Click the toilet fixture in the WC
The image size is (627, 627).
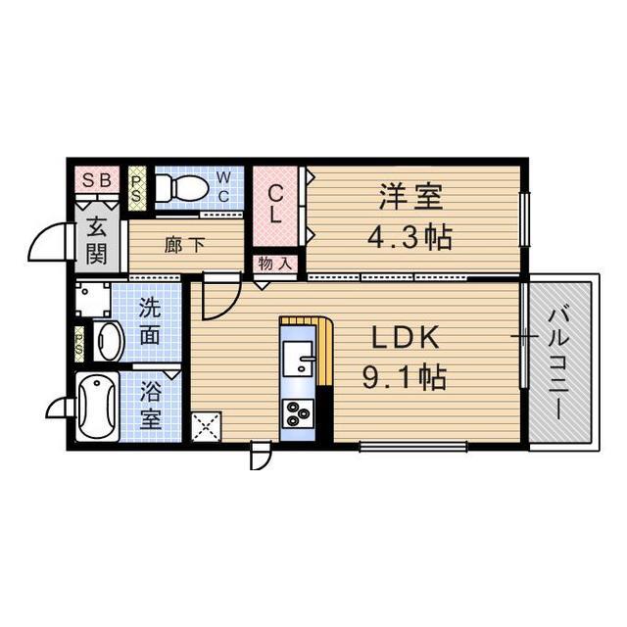tap(181, 187)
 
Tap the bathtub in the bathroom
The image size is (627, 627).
tap(98, 406)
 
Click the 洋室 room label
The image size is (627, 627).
tap(411, 197)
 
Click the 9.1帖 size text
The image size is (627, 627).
tap(405, 377)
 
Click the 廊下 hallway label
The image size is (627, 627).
tap(184, 245)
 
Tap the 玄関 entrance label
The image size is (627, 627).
tap(97, 240)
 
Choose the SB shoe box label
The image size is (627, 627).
tap(97, 179)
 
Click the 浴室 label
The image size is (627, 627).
tap(150, 405)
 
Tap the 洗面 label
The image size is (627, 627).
tap(150, 321)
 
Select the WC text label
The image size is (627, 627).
tap(223, 185)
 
